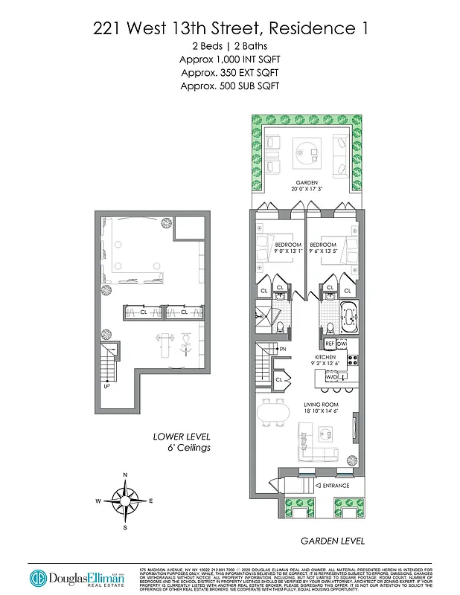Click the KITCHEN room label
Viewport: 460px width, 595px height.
[x=325, y=357]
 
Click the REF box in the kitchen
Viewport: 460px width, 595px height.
[x=329, y=344]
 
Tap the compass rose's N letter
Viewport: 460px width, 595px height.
[x=124, y=475]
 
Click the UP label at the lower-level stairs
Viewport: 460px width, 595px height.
[x=107, y=386]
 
